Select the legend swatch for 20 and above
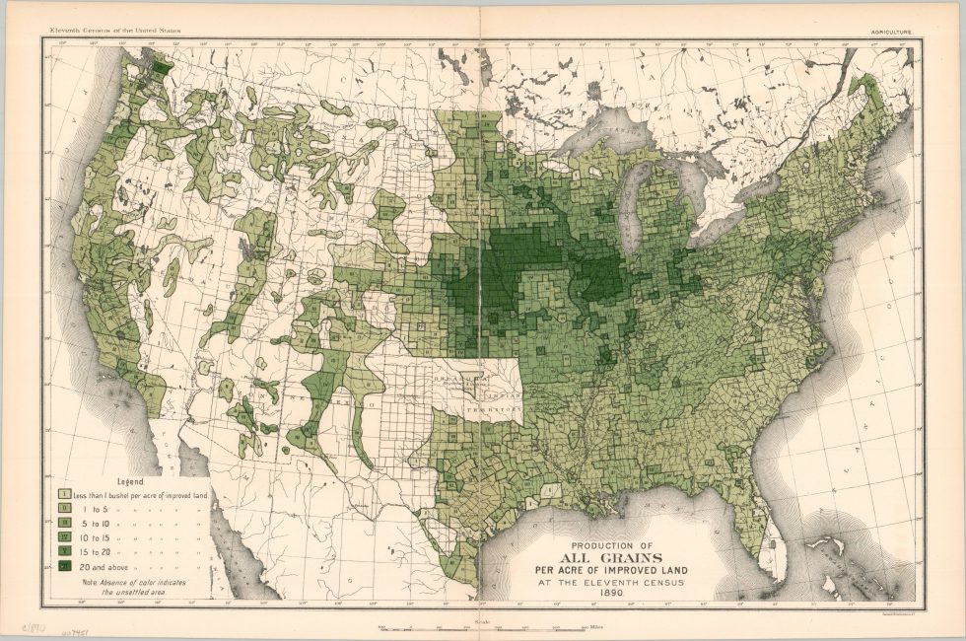(62, 566)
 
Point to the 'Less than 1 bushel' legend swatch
(62, 493)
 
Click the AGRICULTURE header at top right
(891, 32)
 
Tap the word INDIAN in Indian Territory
(494, 389)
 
